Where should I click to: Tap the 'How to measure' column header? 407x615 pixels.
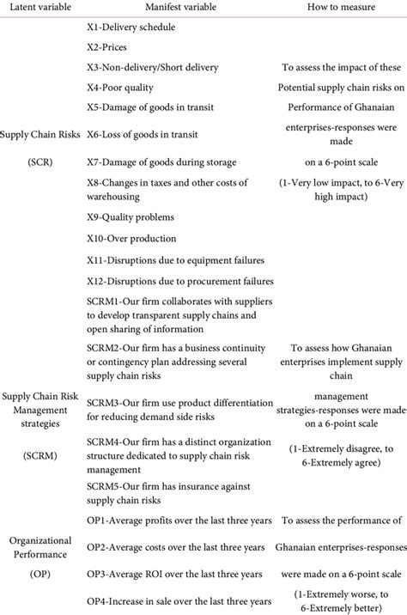341,8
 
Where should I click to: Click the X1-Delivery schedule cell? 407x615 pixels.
131,27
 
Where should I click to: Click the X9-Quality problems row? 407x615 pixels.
131,216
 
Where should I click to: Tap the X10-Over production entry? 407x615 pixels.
131,238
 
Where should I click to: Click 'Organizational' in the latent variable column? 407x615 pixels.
39,539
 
